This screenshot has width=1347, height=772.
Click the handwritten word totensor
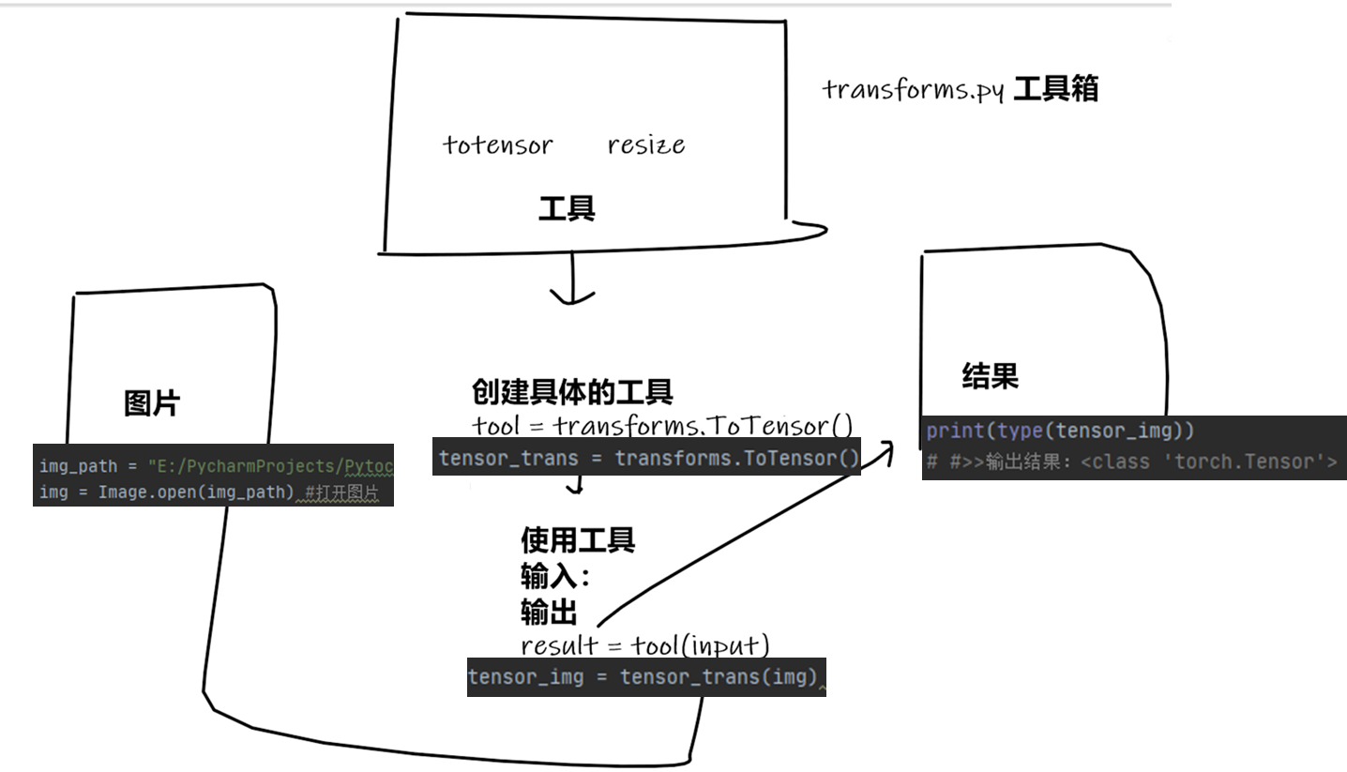click(x=497, y=145)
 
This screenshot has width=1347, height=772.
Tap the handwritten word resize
click(x=645, y=145)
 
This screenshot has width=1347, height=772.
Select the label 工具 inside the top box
click(x=566, y=207)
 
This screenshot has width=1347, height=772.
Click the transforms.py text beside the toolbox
click(x=914, y=91)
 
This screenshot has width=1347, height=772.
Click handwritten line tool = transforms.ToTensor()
click(x=661, y=426)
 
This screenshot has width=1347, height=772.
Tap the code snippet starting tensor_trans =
click(x=647, y=458)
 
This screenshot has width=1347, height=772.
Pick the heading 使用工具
click(x=578, y=539)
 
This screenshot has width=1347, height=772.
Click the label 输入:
click(x=555, y=576)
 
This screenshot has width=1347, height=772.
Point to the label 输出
click(x=548, y=612)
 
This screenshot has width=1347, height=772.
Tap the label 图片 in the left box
click(x=152, y=403)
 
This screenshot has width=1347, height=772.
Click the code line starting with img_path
click(x=214, y=466)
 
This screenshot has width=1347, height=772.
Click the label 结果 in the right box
click(x=990, y=376)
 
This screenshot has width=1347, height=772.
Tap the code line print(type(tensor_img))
click(x=1059, y=431)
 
